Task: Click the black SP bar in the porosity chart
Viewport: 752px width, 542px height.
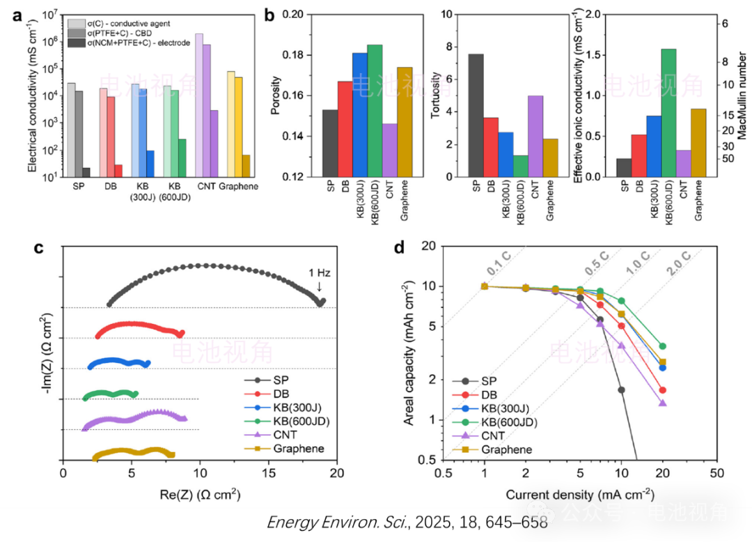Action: click(x=329, y=143)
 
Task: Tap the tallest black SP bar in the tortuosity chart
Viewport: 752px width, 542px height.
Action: click(x=476, y=115)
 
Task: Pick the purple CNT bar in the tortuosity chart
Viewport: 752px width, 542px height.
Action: click(x=536, y=136)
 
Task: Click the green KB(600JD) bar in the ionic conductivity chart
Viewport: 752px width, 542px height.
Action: click(x=668, y=112)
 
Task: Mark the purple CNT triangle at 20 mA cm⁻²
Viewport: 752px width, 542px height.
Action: click(x=662, y=403)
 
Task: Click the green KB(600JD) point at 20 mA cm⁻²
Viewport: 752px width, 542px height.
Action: click(x=662, y=346)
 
